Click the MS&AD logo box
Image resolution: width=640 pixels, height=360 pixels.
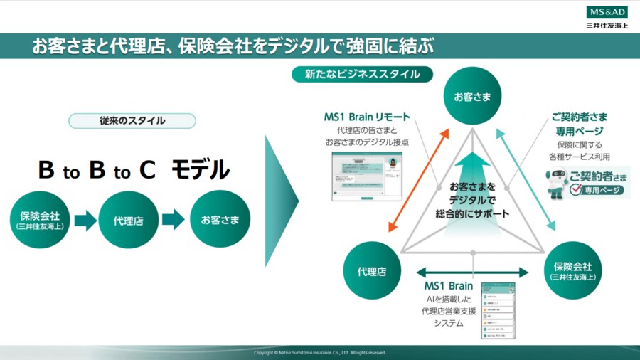tap(607, 12)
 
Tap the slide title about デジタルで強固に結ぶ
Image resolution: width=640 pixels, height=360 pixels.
tap(233, 46)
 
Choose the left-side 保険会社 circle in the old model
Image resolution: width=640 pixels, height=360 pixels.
tap(40, 220)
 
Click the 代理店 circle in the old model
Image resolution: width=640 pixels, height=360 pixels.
tap(128, 221)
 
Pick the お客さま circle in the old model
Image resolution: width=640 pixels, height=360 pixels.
tap(220, 220)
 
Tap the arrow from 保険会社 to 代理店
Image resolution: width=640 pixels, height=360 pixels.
tap(85, 220)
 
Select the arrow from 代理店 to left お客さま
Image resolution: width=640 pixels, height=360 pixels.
tap(174, 219)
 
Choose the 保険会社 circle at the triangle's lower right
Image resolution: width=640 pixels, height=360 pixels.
tap(572, 270)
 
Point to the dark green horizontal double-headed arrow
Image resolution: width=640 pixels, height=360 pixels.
tap(472, 272)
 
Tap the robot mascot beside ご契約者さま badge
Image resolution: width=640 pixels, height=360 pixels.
tap(556, 184)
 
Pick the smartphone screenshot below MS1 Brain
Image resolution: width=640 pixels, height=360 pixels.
tap(498, 310)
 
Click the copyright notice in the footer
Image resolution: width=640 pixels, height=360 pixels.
tap(320, 352)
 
